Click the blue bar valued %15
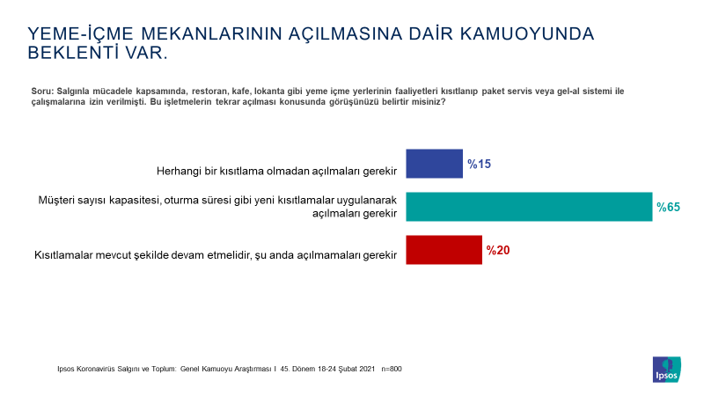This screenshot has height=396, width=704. (x=434, y=164)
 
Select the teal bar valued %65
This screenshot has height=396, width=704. (x=529, y=207)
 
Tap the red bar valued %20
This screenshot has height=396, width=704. (x=444, y=250)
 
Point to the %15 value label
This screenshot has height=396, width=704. (x=479, y=164)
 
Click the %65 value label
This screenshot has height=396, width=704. (x=668, y=207)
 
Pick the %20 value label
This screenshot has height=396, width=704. (x=498, y=250)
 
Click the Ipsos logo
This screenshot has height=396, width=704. (x=667, y=370)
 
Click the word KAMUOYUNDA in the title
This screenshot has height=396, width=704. (x=526, y=34)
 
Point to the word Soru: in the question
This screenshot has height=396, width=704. (x=42, y=92)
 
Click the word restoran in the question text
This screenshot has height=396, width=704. (x=209, y=92)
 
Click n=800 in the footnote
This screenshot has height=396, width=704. (x=392, y=369)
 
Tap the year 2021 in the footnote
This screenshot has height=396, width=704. (x=366, y=369)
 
